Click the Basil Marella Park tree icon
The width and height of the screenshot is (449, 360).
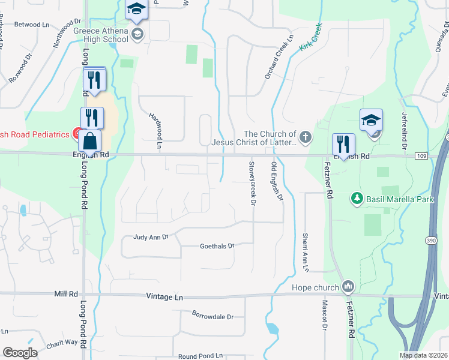click(357, 197)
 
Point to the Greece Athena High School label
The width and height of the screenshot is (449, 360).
click(100, 35)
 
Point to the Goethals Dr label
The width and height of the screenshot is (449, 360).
click(217, 246)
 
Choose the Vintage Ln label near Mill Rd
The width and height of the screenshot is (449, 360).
click(164, 297)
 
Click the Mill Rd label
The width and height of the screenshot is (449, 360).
click(66, 294)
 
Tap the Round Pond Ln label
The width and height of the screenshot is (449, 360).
click(200, 356)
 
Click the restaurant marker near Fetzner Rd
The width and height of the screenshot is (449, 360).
click(343, 144)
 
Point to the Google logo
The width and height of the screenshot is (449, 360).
click(20, 352)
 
